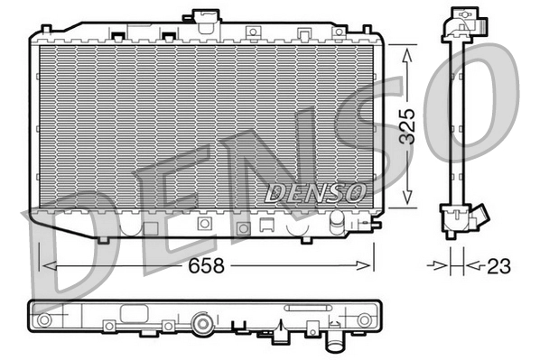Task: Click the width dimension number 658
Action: (208, 266)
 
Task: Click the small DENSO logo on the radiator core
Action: (314, 192)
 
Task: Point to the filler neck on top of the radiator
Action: (201, 17)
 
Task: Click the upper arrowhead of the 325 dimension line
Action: (407, 52)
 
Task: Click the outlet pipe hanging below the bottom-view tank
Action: (336, 344)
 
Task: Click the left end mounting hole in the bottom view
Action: (42, 320)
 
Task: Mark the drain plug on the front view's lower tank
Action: (335, 220)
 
